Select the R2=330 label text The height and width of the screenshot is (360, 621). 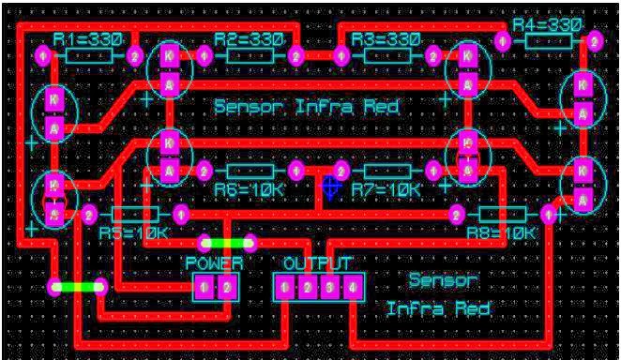tap(249, 39)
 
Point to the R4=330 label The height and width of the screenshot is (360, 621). tap(547, 25)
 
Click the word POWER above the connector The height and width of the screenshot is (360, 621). tap(214, 264)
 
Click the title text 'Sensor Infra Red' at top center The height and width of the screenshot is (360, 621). tap(307, 107)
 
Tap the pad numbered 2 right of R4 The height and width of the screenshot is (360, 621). tap(593, 42)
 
